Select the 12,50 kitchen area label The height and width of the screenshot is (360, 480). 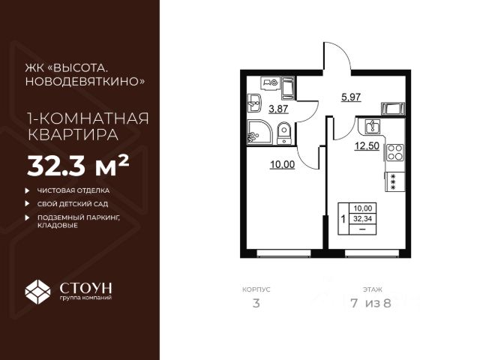coord(366,146)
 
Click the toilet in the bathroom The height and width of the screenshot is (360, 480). coord(283,134)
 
